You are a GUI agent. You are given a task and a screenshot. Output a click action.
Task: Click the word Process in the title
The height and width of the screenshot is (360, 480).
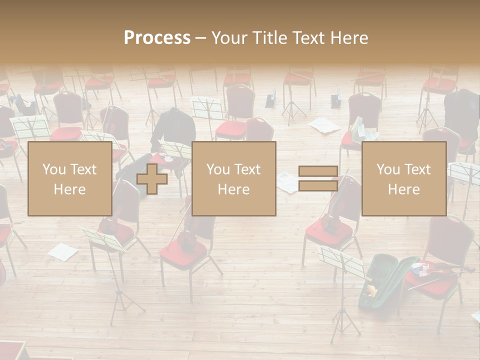point(157,38)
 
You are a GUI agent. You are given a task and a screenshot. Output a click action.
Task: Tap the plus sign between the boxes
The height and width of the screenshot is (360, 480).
point(152,179)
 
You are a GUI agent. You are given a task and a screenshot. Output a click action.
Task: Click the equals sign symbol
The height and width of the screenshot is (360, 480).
point(318,179)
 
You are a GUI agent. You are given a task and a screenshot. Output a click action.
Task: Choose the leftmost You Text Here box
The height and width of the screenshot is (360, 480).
point(69,179)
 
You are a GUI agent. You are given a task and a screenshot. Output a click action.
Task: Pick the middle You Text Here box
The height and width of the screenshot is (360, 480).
point(233,179)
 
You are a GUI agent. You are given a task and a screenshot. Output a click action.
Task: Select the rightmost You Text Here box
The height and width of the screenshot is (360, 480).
point(404,179)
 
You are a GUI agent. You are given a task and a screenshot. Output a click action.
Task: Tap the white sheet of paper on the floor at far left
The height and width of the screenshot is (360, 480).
point(62,251)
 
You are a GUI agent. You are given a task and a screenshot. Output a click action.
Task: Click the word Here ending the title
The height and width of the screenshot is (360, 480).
point(348,38)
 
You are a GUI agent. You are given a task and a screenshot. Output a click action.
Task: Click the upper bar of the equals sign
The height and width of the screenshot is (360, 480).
point(318,171)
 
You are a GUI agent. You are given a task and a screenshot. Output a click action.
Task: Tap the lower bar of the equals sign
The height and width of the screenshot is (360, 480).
point(318,186)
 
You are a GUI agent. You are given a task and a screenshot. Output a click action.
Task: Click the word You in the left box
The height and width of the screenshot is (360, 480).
point(54,169)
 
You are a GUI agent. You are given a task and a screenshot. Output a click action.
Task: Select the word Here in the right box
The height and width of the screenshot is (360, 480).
point(404,189)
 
